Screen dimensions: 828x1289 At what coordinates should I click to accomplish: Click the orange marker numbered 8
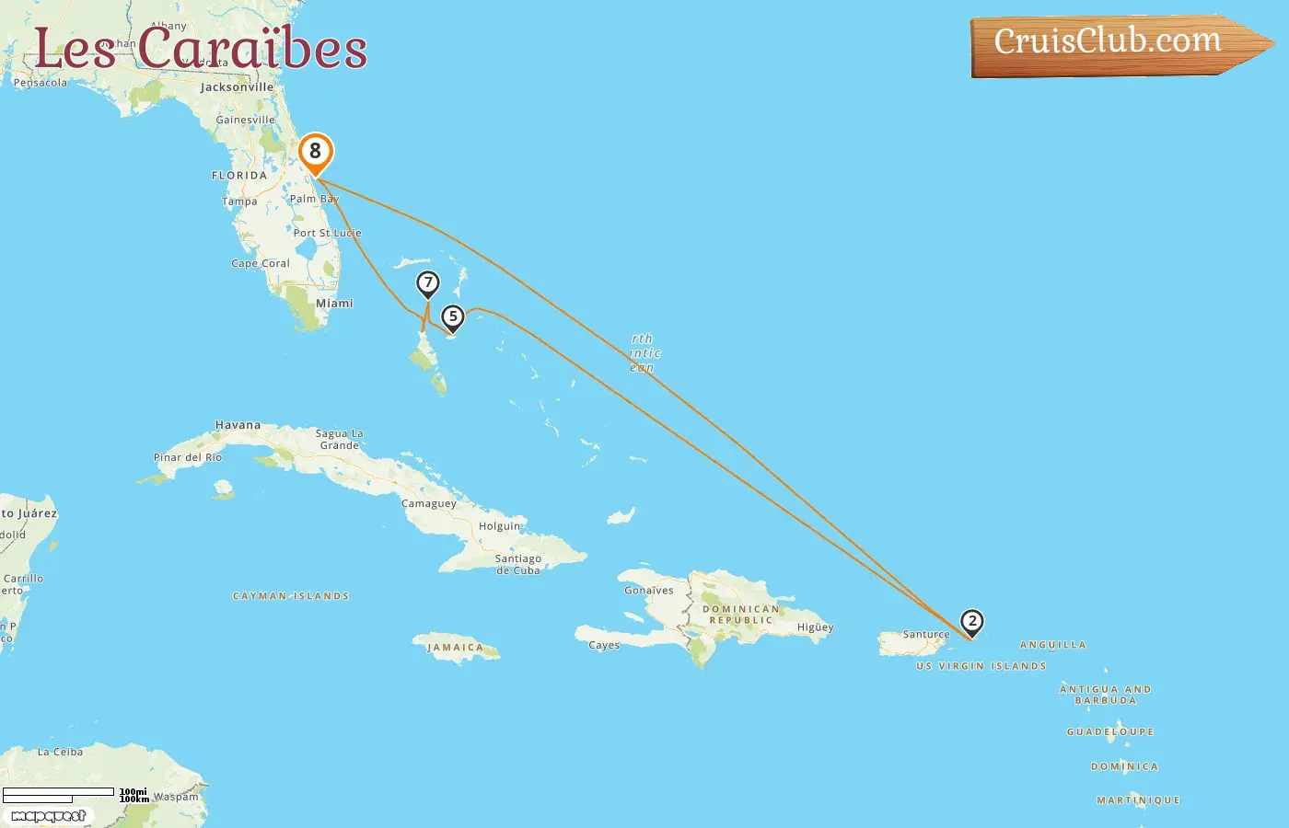(315, 152)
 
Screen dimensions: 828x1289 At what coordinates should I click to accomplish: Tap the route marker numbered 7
(427, 283)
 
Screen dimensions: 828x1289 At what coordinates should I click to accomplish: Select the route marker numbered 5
(452, 317)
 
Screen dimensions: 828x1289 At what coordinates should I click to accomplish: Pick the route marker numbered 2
(971, 621)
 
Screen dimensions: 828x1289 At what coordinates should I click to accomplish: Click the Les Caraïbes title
(201, 49)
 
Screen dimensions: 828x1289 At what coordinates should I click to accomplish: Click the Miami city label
(334, 303)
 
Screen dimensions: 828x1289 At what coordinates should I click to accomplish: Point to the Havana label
(238, 425)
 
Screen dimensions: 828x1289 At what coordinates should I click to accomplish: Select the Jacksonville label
(237, 87)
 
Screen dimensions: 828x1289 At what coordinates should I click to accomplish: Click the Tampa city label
(239, 201)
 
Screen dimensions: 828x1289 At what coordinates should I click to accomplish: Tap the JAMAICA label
(455, 648)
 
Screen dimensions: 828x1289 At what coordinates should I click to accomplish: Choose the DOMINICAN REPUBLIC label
(740, 615)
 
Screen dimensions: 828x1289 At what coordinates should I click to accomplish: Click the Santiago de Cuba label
(518, 564)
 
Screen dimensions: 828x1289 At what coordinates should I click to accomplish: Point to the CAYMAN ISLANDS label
(291, 596)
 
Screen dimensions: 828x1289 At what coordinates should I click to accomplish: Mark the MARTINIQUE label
(1138, 800)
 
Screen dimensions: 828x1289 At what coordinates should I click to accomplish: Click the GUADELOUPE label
(1110, 732)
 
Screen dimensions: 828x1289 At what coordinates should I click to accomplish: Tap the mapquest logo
(49, 816)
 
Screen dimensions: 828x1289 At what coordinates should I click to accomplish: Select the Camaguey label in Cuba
(429, 504)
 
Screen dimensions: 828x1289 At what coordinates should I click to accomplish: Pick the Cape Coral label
(261, 263)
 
